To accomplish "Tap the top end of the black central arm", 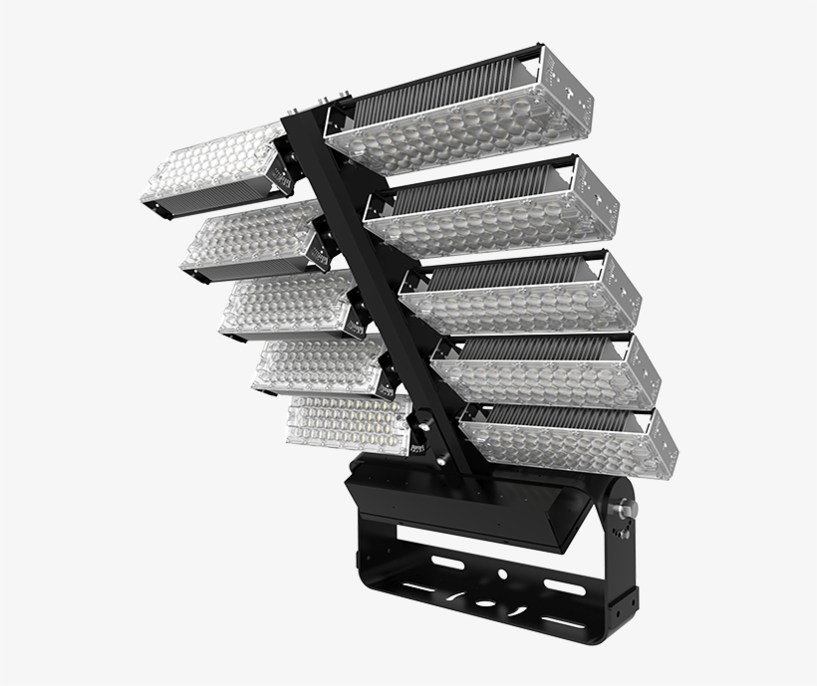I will point(299,124).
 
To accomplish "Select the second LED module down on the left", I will point(249,237).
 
